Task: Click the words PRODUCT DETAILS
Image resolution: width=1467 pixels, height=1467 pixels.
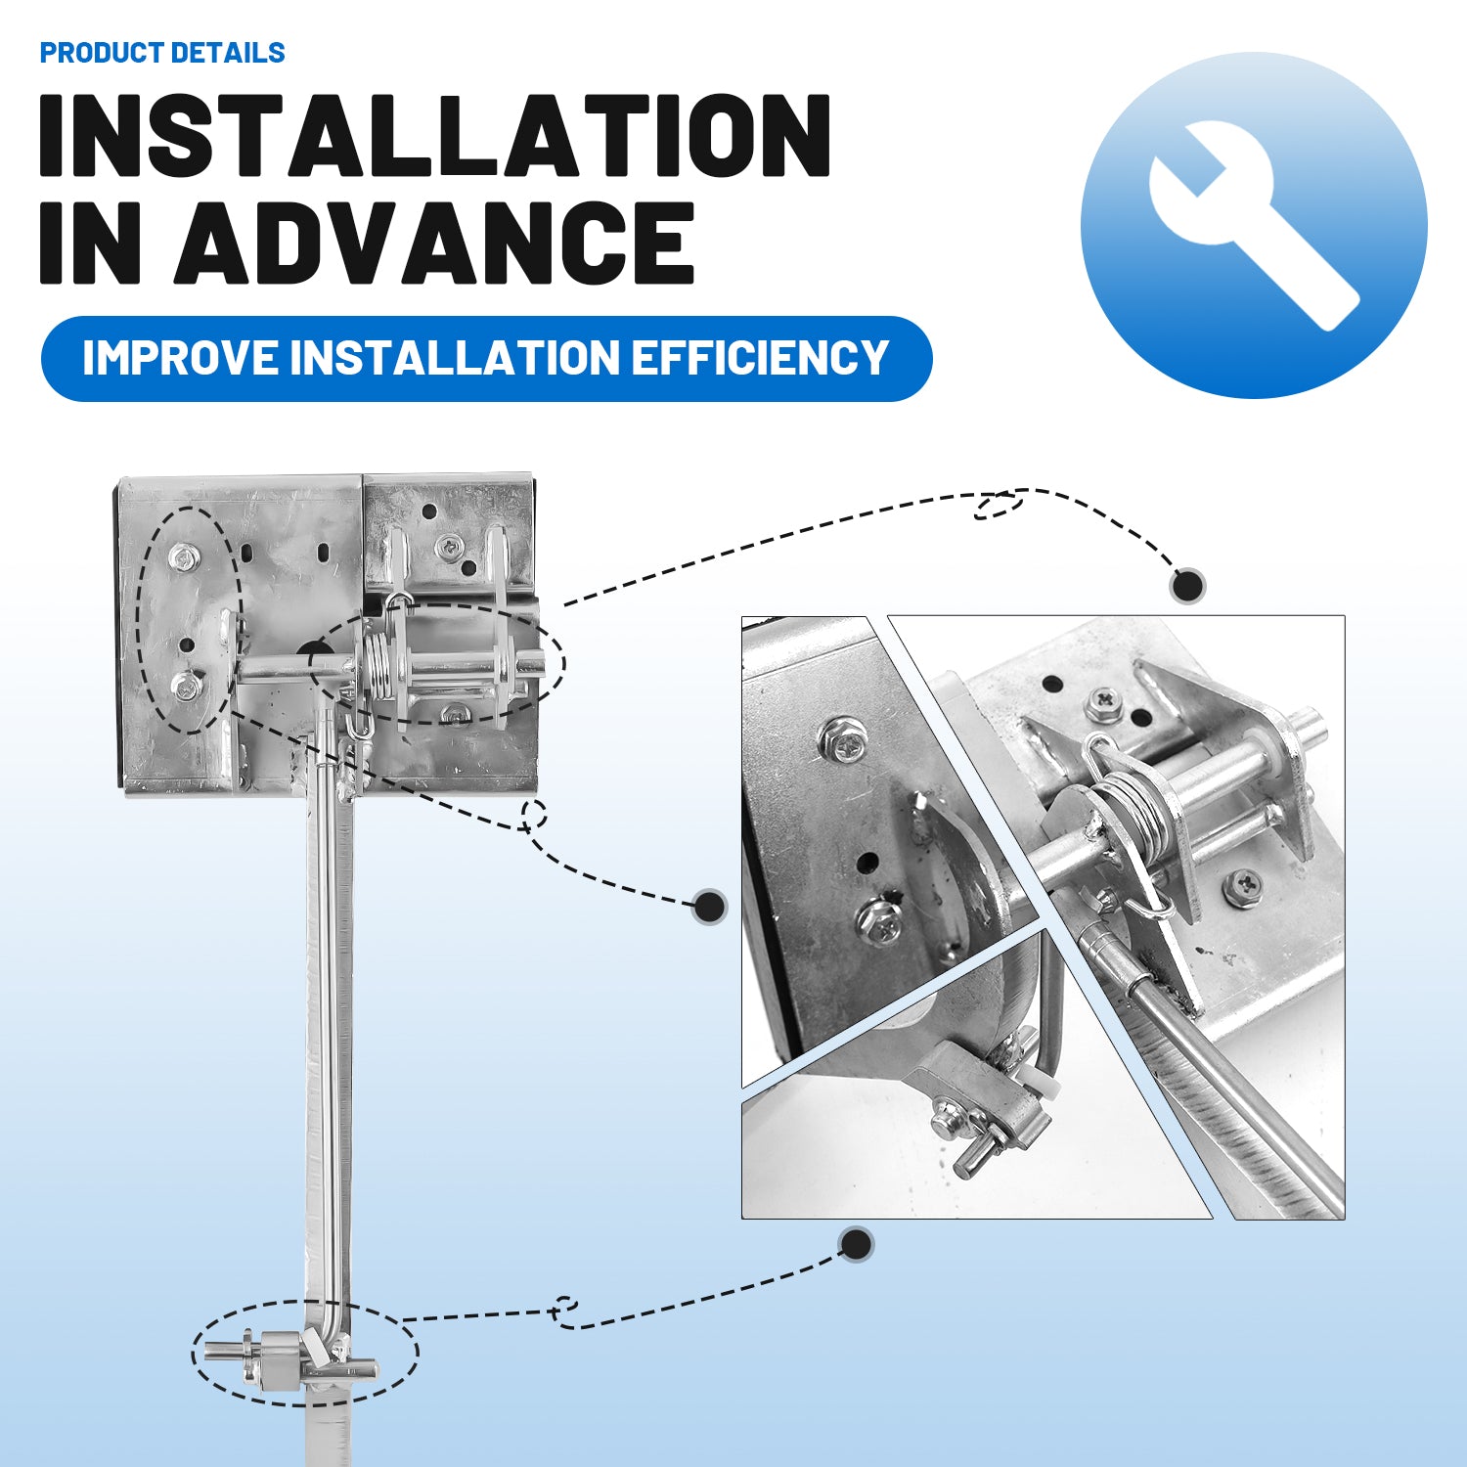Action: coord(162,53)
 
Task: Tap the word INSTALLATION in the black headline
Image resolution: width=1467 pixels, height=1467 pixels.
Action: coord(435,136)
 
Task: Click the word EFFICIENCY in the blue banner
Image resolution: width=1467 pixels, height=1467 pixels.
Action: coord(759,358)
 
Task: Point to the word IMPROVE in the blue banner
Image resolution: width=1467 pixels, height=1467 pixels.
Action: coord(180,358)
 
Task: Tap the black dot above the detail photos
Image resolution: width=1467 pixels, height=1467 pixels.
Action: coord(1187,586)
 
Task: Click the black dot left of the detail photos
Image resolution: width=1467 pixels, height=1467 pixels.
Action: coord(709,907)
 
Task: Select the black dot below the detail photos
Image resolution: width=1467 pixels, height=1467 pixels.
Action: coord(857,1245)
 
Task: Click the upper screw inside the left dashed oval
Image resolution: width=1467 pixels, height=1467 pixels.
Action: coord(183,559)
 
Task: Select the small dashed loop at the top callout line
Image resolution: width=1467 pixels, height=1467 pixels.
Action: coord(998,505)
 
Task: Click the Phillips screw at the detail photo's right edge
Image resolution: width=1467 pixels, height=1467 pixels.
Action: coord(1243,886)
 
